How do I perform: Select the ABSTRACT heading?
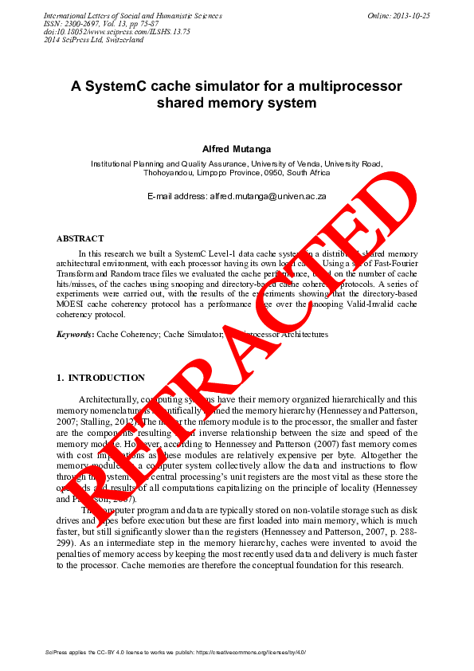(x=80, y=238)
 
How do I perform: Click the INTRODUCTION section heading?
(x=106, y=378)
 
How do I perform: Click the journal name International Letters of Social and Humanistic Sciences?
(x=132, y=16)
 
